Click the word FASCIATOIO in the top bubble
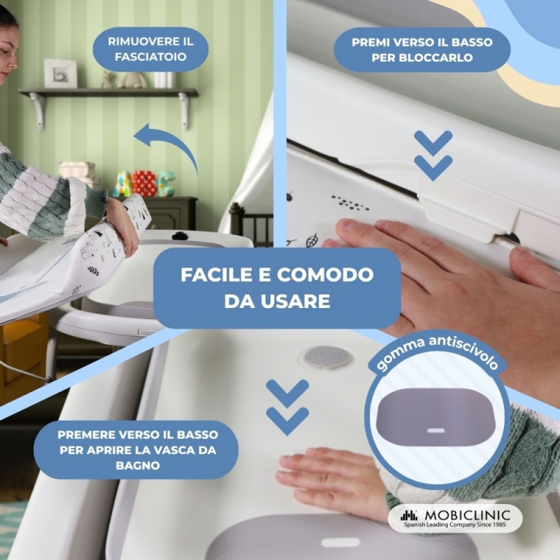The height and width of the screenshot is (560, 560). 150,57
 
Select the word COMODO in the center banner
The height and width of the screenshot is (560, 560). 325,274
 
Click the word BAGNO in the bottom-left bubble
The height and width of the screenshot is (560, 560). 137,465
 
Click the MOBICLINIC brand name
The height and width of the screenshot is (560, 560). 467,515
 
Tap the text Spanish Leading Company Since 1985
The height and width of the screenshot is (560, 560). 454,524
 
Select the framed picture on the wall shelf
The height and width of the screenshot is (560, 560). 60,73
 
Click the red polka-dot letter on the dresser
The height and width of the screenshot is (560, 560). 144,183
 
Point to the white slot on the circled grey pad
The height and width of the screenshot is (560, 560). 436,430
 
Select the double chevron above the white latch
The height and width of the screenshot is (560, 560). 433,155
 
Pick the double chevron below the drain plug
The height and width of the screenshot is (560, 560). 288,407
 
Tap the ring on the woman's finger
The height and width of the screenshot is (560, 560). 133,242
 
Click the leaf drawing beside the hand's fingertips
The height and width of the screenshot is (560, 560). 311,240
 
